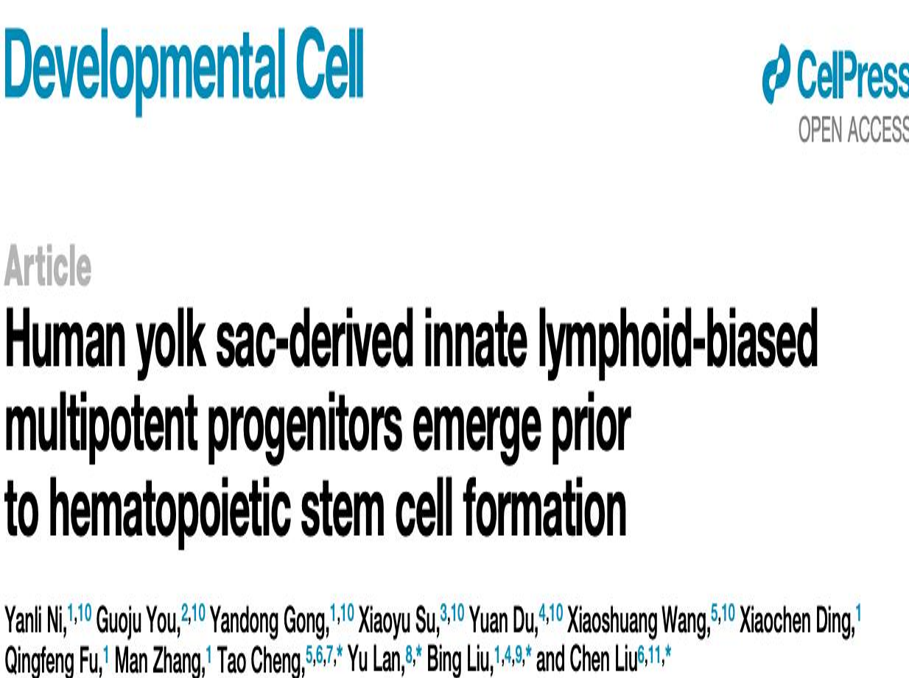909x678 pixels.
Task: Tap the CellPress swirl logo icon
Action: (x=776, y=74)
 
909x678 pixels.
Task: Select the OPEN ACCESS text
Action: (x=854, y=130)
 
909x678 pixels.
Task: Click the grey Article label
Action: (x=48, y=265)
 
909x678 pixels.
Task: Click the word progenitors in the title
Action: (x=305, y=432)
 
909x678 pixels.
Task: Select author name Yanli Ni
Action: (x=35, y=622)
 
